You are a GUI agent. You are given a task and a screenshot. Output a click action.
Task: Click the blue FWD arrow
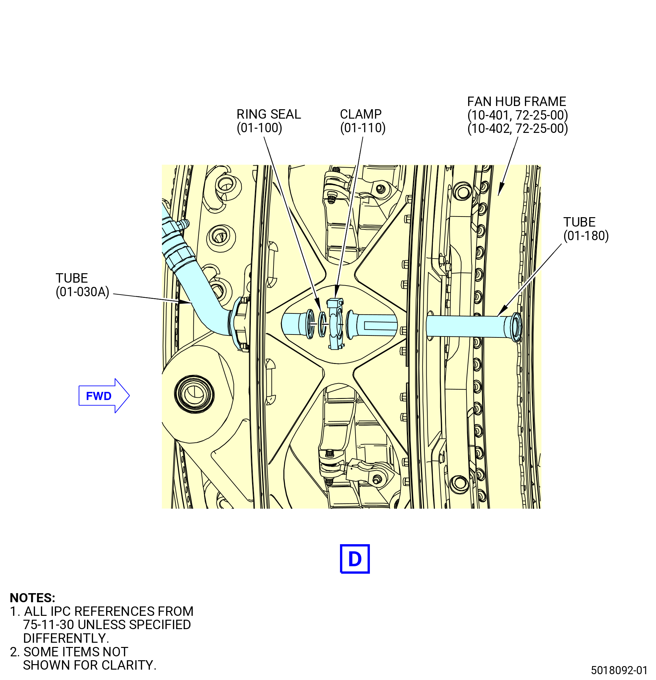click(104, 395)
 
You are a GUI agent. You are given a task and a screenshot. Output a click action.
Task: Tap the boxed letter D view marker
click(354, 559)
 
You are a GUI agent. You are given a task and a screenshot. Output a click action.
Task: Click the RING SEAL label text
click(268, 114)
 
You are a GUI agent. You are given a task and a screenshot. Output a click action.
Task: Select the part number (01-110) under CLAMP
click(363, 128)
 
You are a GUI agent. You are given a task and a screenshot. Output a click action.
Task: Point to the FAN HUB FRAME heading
click(516, 102)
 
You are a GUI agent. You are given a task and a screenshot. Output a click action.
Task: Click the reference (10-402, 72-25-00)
click(517, 128)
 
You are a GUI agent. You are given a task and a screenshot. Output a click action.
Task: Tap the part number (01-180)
click(586, 236)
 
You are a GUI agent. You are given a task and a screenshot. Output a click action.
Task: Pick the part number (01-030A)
click(82, 292)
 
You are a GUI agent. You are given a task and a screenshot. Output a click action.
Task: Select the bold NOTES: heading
click(32, 598)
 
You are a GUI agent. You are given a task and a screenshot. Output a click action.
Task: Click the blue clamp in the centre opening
click(335, 324)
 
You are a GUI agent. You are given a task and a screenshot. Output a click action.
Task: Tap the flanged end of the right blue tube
click(516, 326)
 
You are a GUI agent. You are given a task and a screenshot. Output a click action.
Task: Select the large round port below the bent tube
click(194, 394)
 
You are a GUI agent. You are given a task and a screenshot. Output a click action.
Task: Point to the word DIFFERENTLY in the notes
click(66, 638)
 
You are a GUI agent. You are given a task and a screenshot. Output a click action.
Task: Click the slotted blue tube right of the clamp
click(371, 325)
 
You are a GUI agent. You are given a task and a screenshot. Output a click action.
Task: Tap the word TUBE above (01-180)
click(579, 222)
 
